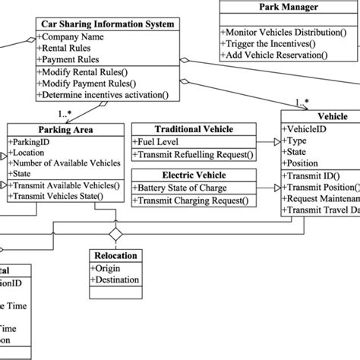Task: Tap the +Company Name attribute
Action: tap(72, 36)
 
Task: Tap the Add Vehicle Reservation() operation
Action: tap(284, 55)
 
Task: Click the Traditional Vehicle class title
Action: tap(194, 130)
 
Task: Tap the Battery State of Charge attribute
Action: tap(188, 188)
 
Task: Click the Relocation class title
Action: tap(115, 256)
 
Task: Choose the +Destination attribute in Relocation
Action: tap(118, 279)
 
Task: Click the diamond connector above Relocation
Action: tap(115, 231)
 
